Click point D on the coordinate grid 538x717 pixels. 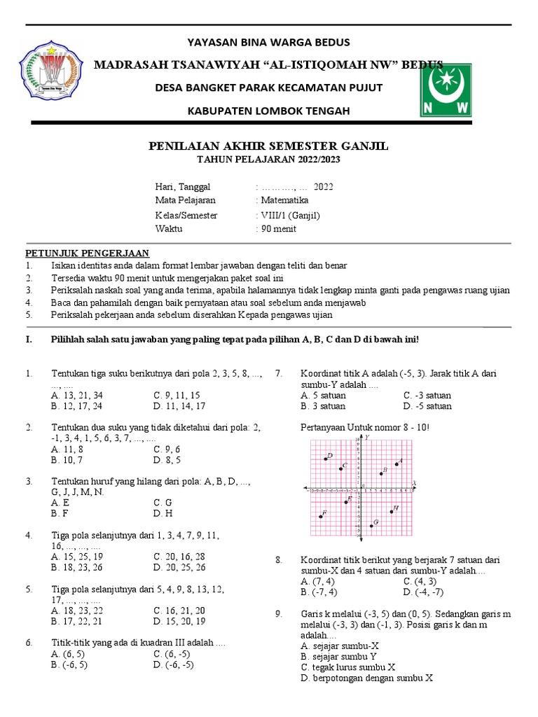pyautogui.click(x=326, y=459)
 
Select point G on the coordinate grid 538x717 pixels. pyautogui.click(x=371, y=525)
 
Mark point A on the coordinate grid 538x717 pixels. pyautogui.click(x=397, y=464)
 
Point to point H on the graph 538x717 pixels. pyautogui.click(x=392, y=511)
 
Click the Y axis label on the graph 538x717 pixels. pyautogui.click(x=366, y=437)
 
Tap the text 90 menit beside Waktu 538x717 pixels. pyautogui.click(x=278, y=229)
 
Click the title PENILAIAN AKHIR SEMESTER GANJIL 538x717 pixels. pyautogui.click(x=268, y=146)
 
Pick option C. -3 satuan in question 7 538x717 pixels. pyautogui.click(x=427, y=396)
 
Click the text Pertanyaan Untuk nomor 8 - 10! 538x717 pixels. pyautogui.click(x=365, y=427)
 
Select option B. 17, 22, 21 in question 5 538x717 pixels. pyautogui.click(x=77, y=621)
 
